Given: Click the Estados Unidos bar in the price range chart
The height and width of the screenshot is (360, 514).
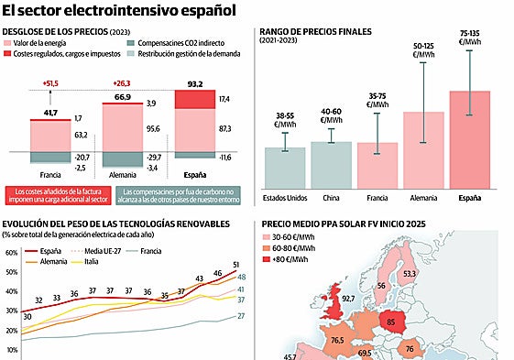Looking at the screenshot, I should point(285,166).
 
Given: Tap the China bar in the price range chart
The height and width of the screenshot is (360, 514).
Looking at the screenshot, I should point(331,163).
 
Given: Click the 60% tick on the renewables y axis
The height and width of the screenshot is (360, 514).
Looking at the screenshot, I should point(11,254).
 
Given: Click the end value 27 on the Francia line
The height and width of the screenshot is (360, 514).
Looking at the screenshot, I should point(240,316).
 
